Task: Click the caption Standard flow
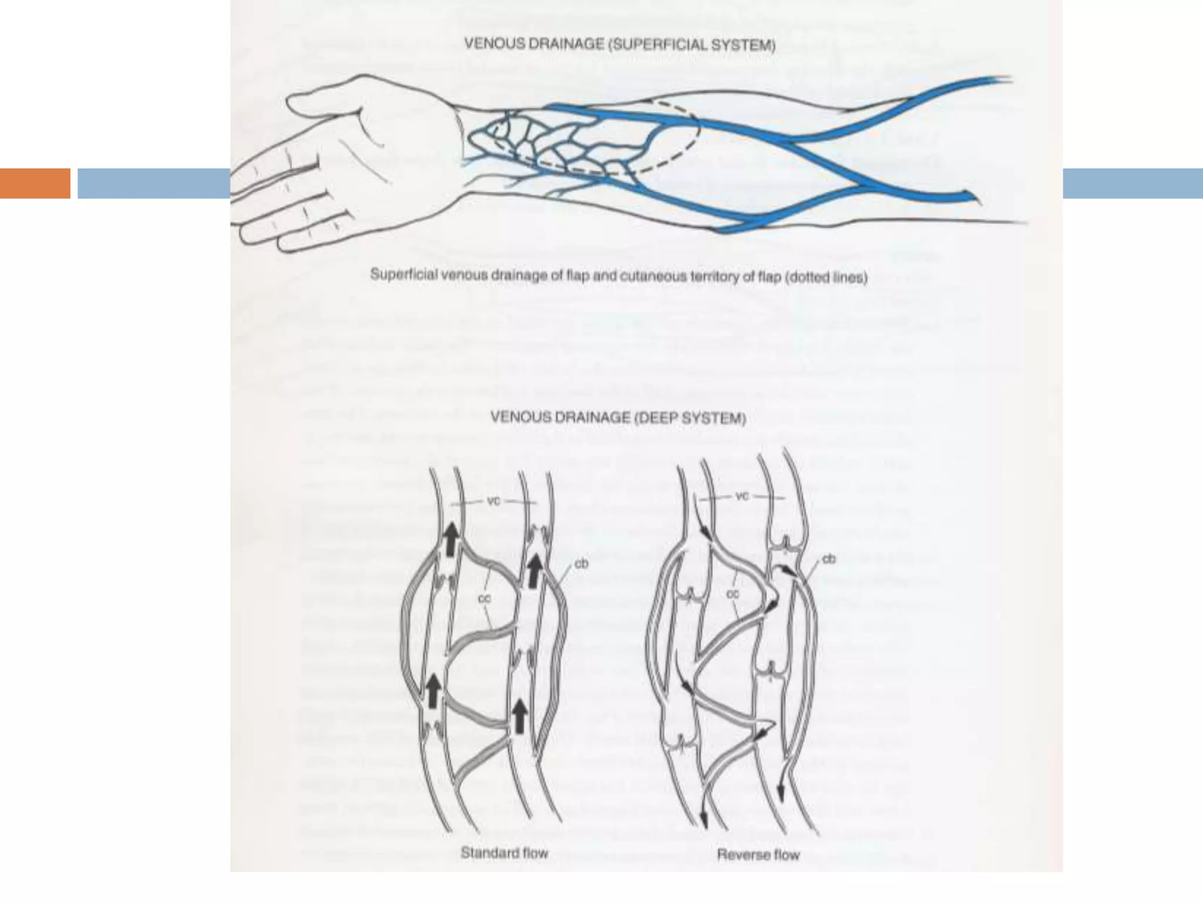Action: (504, 853)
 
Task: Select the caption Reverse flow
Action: (758, 854)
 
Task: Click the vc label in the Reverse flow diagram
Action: (742, 497)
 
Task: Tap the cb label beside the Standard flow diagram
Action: (582, 564)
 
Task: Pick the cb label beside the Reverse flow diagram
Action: (829, 559)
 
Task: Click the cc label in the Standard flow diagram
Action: (484, 599)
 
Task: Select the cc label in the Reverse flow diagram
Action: (732, 594)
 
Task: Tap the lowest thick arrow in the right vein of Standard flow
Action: (518, 717)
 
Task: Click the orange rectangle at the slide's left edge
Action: (35, 183)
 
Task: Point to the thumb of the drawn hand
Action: (329, 100)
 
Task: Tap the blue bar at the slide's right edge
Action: (1133, 183)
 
